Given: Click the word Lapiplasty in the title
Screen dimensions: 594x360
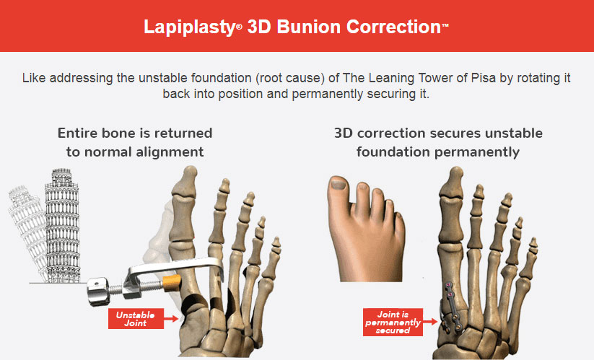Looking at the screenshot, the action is click(x=190, y=28).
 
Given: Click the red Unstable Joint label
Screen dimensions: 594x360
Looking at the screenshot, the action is click(x=136, y=318).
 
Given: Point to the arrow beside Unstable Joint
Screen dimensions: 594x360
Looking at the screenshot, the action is click(x=171, y=319).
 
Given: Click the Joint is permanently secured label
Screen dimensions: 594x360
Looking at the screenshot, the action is click(x=393, y=322).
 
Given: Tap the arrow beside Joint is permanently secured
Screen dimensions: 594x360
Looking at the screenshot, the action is click(x=430, y=322).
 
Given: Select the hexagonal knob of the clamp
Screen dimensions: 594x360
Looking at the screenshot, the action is click(x=97, y=291).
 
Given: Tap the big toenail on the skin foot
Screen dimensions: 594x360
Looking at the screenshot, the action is click(x=338, y=184).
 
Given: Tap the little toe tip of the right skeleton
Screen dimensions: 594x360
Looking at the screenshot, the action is click(x=533, y=242).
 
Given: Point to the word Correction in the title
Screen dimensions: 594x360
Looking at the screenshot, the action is click(x=393, y=27).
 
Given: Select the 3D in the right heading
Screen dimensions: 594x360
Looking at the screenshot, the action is click(x=344, y=133).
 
